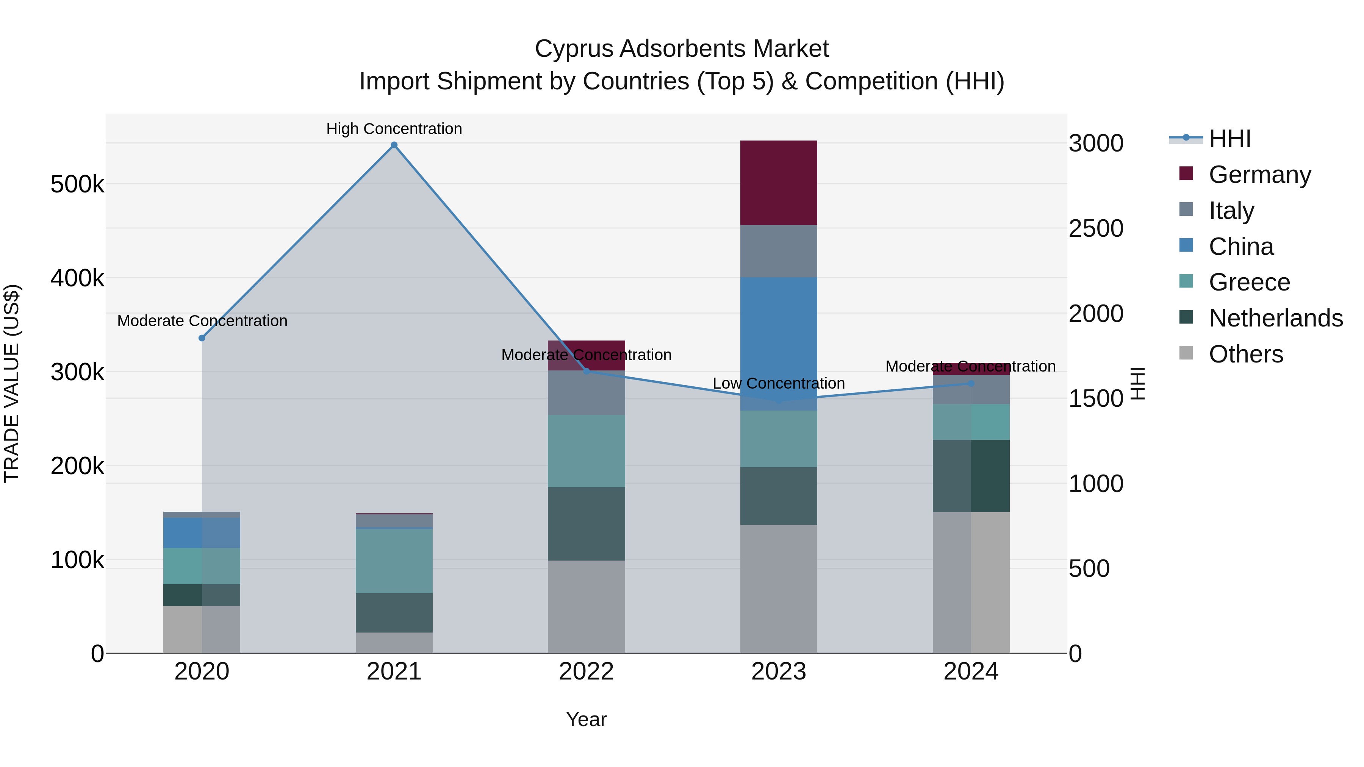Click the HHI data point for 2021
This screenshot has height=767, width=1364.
click(x=394, y=145)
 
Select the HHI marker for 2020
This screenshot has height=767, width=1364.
click(x=202, y=338)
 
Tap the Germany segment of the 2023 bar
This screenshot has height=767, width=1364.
click(x=778, y=183)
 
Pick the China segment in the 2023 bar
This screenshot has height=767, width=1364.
click(x=778, y=344)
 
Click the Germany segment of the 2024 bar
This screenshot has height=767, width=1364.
click(x=971, y=369)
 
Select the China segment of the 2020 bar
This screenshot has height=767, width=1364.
click(x=202, y=533)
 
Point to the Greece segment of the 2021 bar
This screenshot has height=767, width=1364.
click(x=394, y=561)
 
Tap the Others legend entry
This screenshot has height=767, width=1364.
click(x=1245, y=354)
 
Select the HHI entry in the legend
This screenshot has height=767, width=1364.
click(x=1229, y=139)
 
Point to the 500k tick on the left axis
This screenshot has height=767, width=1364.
click(x=77, y=185)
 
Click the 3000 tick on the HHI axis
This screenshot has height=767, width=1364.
click(x=1095, y=144)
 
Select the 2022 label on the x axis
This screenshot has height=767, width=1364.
click(x=586, y=672)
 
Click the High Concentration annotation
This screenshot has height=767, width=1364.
click(x=394, y=129)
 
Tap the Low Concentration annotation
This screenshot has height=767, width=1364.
click(x=778, y=383)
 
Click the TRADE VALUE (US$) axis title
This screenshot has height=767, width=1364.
click(x=12, y=383)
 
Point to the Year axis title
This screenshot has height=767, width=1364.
click(x=586, y=719)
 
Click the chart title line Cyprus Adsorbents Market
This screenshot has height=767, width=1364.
click(x=682, y=49)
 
